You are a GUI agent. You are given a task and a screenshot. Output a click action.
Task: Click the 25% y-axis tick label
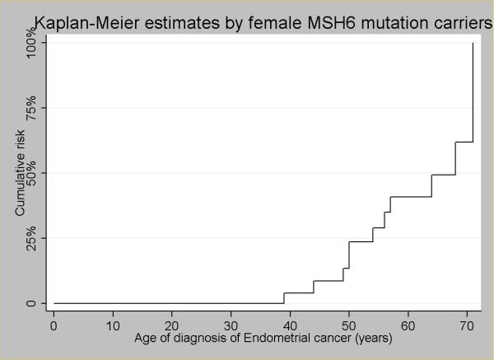[30, 239]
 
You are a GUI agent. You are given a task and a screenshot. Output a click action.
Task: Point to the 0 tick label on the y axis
[30, 304]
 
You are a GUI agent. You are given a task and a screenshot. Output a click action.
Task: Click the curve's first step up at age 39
[284, 298]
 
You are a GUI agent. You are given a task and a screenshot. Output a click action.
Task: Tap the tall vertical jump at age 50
[349, 255]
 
